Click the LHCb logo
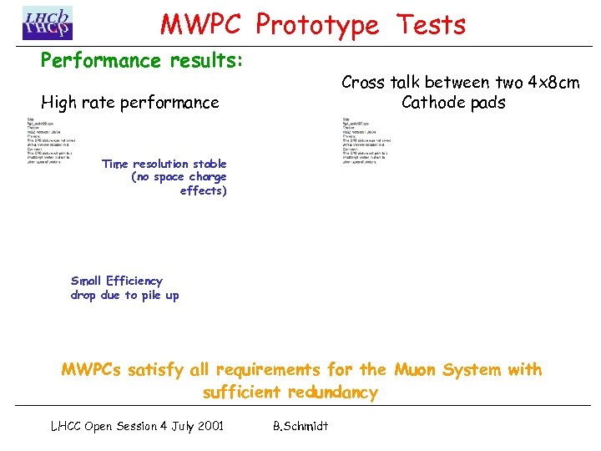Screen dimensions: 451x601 click(x=48, y=23)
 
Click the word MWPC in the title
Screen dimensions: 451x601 click(x=203, y=24)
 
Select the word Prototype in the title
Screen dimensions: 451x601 click(x=317, y=25)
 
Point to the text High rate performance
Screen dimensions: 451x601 click(x=130, y=104)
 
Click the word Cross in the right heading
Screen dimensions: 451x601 click(x=363, y=83)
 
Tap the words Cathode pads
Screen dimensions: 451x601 click(x=453, y=103)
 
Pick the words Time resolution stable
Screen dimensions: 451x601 click(x=164, y=164)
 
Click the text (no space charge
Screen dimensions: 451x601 click(x=179, y=177)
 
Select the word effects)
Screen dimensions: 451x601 click(x=203, y=190)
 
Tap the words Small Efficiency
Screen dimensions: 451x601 click(x=117, y=281)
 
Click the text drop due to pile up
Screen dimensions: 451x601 click(x=125, y=295)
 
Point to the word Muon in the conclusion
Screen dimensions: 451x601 click(x=414, y=370)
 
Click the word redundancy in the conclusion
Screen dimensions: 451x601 click(x=332, y=393)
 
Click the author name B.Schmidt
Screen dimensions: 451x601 click(x=300, y=426)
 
